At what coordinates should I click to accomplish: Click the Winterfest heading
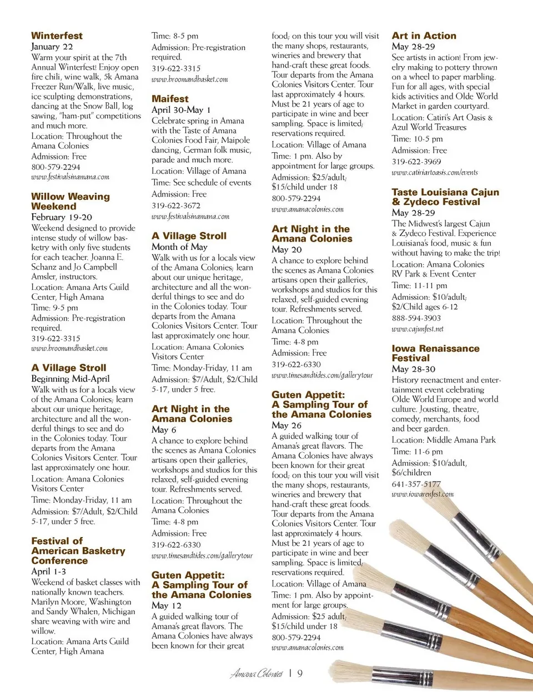[x=57, y=36]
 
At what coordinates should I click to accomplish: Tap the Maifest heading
[x=170, y=98]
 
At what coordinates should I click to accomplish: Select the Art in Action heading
[x=424, y=36]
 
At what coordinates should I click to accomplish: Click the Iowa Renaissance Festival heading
[x=435, y=353]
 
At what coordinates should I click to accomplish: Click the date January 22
[x=52, y=47]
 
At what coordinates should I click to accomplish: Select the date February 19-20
[x=62, y=217]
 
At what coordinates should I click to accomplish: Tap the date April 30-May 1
[x=181, y=109]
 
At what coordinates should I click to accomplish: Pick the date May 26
[x=286, y=425]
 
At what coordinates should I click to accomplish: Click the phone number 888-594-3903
[x=416, y=318]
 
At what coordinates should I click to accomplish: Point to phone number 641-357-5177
[x=416, y=484]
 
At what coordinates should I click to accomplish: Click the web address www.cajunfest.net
[x=417, y=329]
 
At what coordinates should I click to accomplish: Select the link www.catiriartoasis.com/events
[x=434, y=172]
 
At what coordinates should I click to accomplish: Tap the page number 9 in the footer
[x=300, y=674]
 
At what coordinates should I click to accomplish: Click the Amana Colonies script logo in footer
[x=257, y=674]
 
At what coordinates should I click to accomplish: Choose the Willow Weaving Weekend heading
[x=70, y=201]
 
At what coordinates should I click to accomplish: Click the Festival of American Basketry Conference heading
[x=78, y=550]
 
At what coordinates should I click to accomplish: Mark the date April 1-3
[x=48, y=571]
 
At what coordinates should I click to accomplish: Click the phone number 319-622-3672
[x=176, y=205]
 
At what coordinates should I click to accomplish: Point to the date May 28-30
[x=413, y=369]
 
